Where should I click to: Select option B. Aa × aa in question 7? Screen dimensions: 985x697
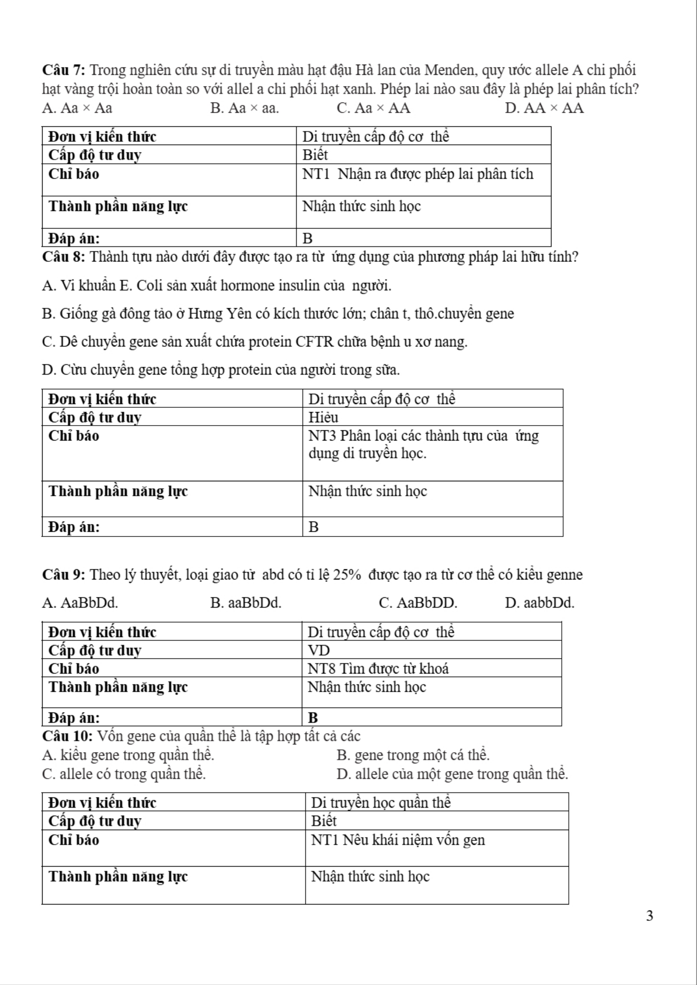click(244, 109)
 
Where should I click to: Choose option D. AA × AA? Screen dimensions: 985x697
click(544, 109)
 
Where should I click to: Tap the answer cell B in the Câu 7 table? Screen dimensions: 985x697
click(307, 239)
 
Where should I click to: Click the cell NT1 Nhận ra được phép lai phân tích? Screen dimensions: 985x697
click(417, 174)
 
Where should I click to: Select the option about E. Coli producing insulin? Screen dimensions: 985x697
click(216, 285)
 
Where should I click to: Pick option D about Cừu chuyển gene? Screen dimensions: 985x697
click(221, 370)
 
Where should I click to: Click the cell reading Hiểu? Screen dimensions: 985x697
click(323, 417)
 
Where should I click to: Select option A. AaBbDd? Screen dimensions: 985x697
click(80, 603)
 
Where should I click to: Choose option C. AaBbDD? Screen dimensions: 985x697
click(418, 603)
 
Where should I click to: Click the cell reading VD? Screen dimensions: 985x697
click(319, 651)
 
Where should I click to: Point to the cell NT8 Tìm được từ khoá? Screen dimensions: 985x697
click(378, 669)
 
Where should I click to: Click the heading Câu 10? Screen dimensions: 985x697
click(67, 736)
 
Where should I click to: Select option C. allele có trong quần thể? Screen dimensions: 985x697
click(123, 774)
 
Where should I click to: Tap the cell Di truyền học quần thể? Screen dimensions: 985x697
click(381, 803)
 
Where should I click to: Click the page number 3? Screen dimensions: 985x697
click(649, 915)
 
